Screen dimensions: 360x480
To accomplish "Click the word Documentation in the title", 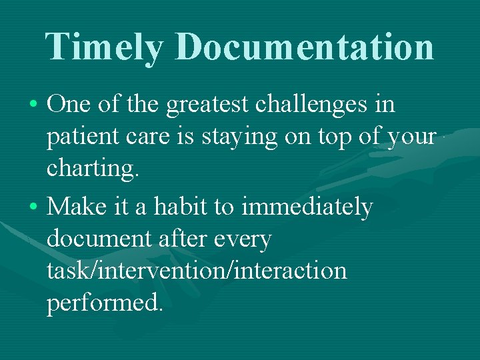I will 306,47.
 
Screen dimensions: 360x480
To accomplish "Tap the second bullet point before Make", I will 33,208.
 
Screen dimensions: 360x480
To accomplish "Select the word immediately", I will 307,208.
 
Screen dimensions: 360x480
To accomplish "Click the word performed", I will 105,304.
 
